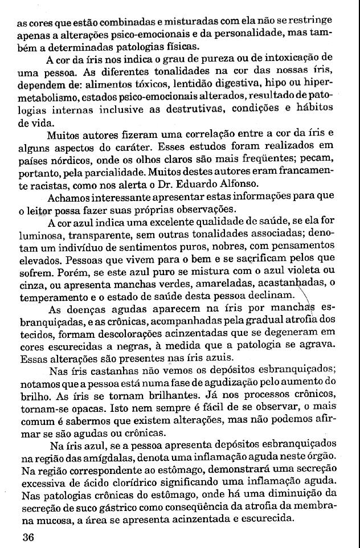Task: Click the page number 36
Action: (29, 537)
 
